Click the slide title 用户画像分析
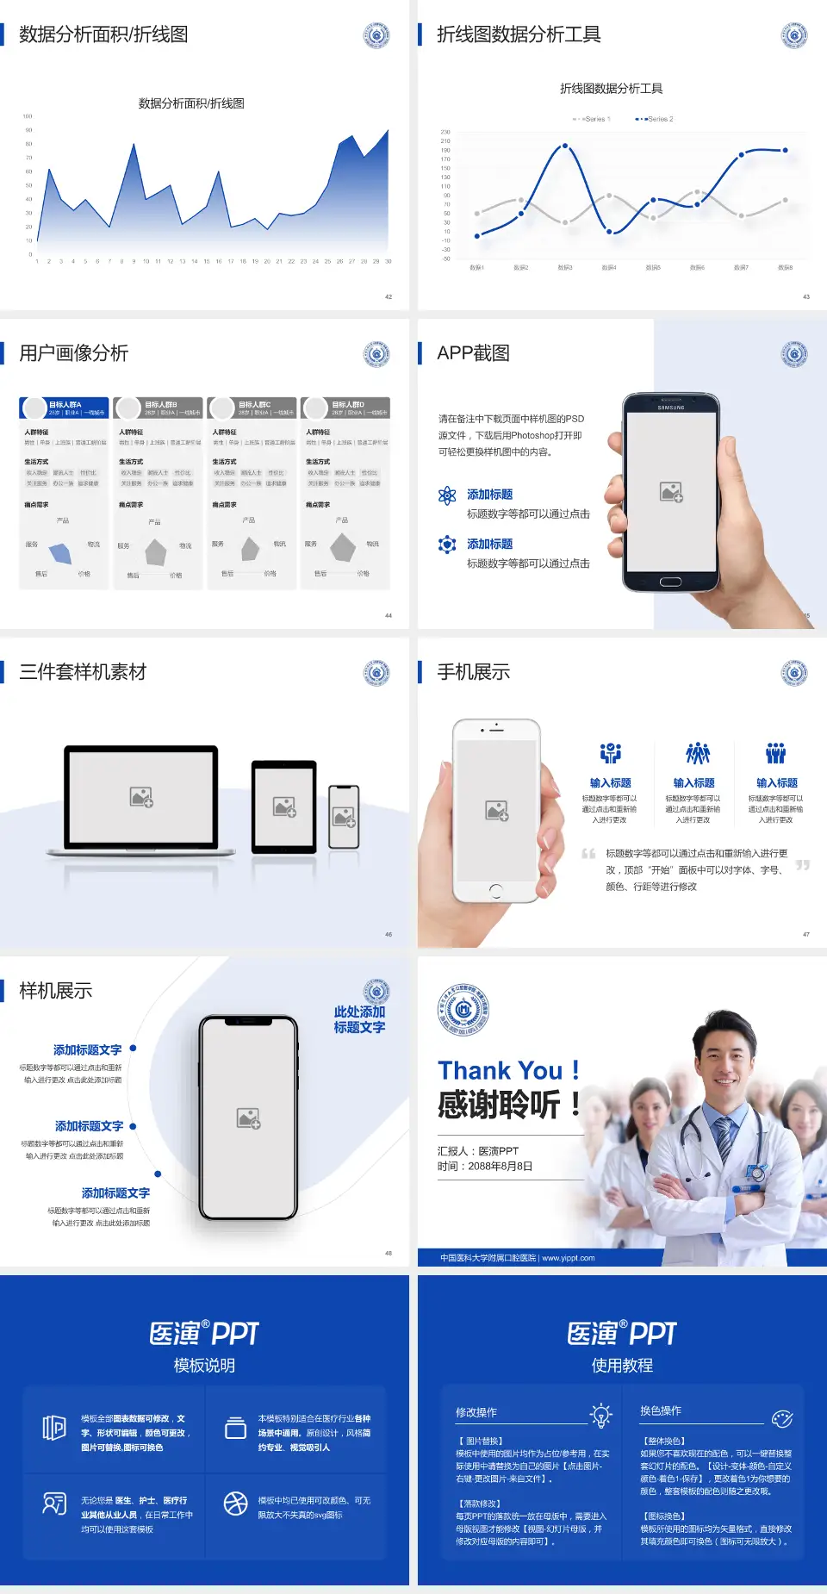(x=74, y=353)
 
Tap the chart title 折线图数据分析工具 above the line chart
(x=611, y=89)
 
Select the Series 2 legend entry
(x=656, y=119)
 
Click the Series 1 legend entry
(x=592, y=119)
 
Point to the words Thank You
(x=500, y=1071)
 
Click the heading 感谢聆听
(x=500, y=1105)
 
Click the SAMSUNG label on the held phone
(x=670, y=408)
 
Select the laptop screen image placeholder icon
(x=141, y=797)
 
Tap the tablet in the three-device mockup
(x=284, y=806)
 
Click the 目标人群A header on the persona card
(x=65, y=405)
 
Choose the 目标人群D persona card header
(x=348, y=405)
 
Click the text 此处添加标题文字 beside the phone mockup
(x=359, y=1019)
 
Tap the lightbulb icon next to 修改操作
(x=600, y=1415)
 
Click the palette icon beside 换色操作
(x=782, y=1418)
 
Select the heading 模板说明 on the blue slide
(x=204, y=1366)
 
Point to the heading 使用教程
(x=622, y=1366)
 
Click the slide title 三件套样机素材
(x=83, y=672)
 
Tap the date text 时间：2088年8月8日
(x=485, y=1167)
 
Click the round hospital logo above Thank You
(x=463, y=1010)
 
